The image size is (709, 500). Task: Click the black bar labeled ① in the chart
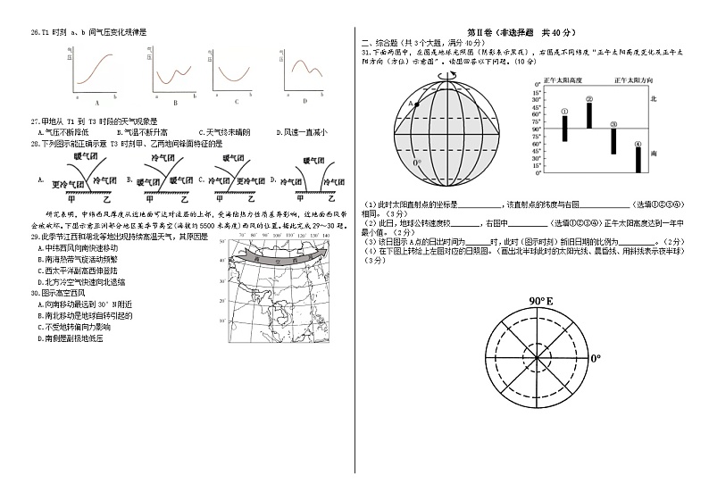click(565, 128)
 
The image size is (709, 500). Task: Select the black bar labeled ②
click(589, 115)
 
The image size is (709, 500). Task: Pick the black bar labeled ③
click(613, 141)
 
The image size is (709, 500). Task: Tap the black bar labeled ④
click(638, 159)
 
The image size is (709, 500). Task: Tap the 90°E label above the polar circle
click(541, 301)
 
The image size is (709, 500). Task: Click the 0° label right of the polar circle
click(596, 358)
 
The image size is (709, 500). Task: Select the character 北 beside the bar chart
click(653, 99)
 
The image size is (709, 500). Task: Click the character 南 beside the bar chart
click(653, 154)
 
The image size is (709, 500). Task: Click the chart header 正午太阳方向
click(633, 80)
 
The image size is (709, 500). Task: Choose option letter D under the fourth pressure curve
click(304, 101)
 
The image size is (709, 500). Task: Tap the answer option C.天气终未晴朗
click(226, 132)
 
